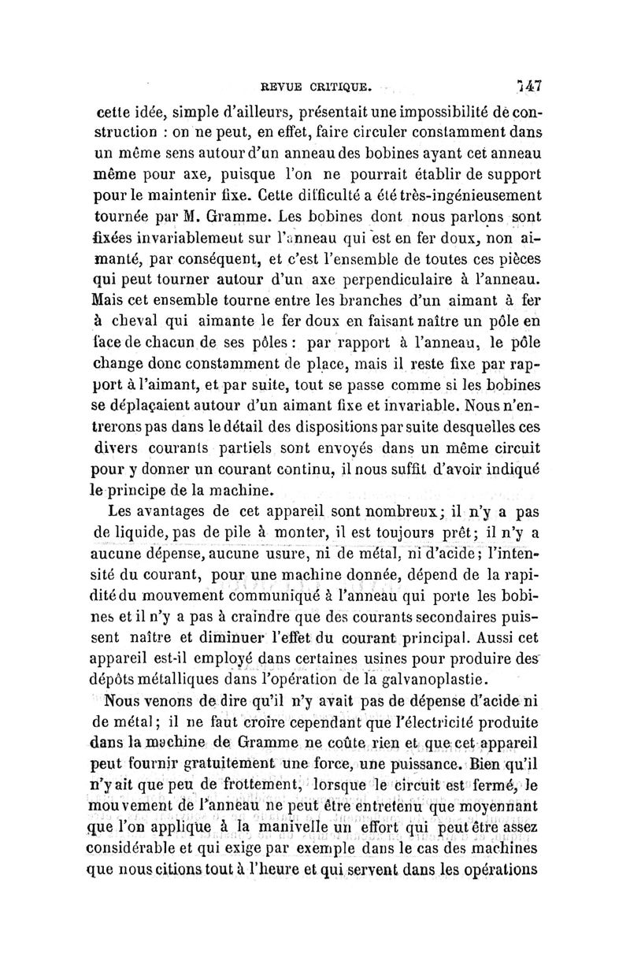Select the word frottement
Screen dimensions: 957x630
pos(219,784)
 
